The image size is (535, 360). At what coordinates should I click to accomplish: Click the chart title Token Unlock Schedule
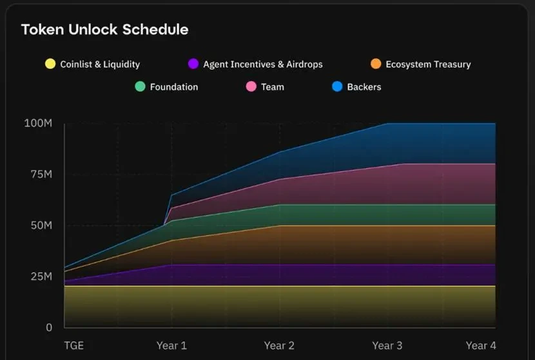(104, 30)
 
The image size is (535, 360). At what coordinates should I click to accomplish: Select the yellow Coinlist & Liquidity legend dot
(50, 64)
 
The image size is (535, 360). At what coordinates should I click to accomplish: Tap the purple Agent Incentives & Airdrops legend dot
(193, 64)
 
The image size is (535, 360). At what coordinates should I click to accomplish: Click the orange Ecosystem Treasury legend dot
(376, 64)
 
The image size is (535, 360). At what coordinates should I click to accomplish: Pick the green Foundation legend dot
(140, 86)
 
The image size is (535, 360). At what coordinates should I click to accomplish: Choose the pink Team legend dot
(251, 86)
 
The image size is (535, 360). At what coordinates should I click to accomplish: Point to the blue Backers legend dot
(337, 86)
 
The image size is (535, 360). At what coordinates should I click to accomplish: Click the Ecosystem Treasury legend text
(428, 64)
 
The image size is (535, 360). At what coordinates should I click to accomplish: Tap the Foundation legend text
(174, 87)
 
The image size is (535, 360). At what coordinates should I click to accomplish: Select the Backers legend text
(364, 87)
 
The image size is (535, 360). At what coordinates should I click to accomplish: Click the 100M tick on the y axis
(38, 123)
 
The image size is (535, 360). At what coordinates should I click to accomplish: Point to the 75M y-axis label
(40, 175)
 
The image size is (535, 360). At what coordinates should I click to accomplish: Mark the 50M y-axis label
(40, 225)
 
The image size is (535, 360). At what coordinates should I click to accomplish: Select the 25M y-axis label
(40, 276)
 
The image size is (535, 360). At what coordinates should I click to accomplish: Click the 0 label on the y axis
(48, 327)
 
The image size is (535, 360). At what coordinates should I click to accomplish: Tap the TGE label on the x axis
(73, 346)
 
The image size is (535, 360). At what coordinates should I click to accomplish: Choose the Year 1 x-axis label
(171, 346)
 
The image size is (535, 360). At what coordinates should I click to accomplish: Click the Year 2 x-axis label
(279, 346)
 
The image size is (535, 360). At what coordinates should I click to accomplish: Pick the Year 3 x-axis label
(387, 346)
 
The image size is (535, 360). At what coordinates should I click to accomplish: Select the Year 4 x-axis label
(481, 346)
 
